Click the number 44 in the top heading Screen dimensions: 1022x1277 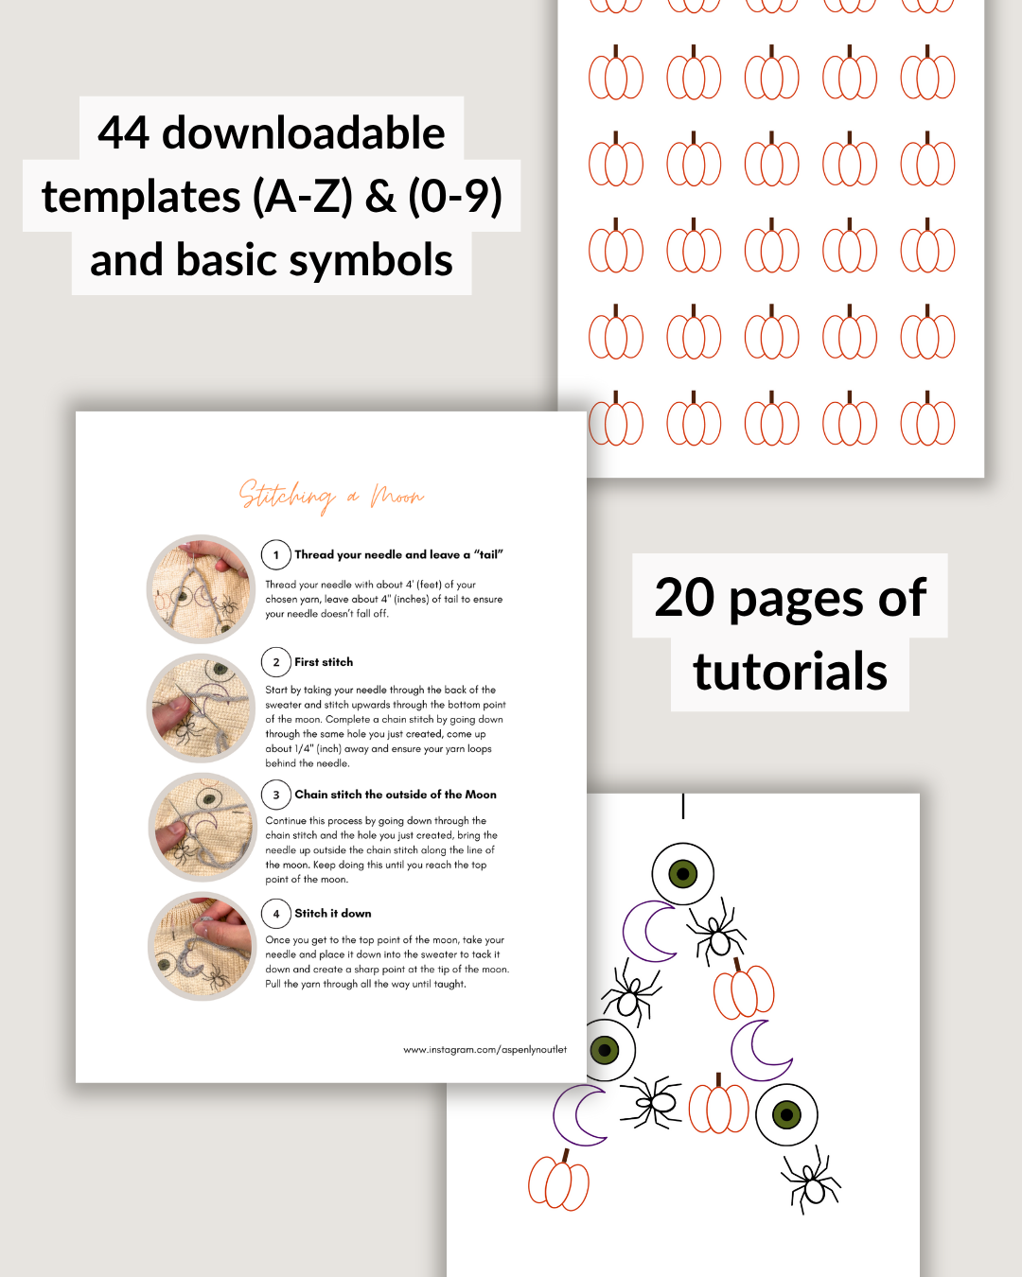124,133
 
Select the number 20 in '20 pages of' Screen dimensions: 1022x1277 684,598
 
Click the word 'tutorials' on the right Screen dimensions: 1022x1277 790,672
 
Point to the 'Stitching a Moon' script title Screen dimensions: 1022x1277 331,495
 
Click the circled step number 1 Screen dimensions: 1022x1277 276,555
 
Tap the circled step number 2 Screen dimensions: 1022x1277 276,662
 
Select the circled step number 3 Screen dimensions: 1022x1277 276,796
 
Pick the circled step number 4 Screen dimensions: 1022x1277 276,914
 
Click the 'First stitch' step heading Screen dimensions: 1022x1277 324,662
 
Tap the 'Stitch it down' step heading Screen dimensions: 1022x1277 332,914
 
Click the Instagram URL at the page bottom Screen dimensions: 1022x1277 485,1050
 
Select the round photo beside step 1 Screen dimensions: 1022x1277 202,589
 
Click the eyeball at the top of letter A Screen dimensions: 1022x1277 683,873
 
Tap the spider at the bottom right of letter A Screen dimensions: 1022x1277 812,1181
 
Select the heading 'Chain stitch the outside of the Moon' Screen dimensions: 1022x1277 396,795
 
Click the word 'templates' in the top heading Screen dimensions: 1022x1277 141,198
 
